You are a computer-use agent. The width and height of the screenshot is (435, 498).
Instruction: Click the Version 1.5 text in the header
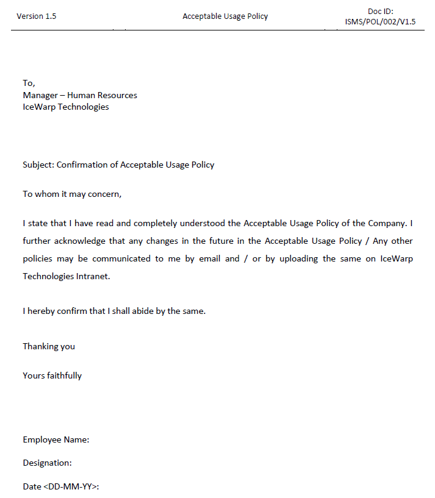[36, 16]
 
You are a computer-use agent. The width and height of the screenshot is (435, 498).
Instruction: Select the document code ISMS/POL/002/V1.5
[380, 22]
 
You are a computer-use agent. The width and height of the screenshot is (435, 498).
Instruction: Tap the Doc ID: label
[380, 12]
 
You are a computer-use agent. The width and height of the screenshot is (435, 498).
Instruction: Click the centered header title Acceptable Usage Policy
[225, 16]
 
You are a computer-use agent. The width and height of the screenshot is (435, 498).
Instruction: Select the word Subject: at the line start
[38, 165]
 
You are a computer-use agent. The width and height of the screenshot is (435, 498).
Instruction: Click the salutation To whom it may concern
[73, 194]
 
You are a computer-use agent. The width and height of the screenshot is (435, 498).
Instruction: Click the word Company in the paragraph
[388, 224]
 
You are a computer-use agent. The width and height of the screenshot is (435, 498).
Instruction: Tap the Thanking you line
[49, 346]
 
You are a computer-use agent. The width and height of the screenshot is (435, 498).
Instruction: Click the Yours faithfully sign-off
[52, 375]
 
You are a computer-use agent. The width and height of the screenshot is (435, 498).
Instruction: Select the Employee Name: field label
[56, 439]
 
